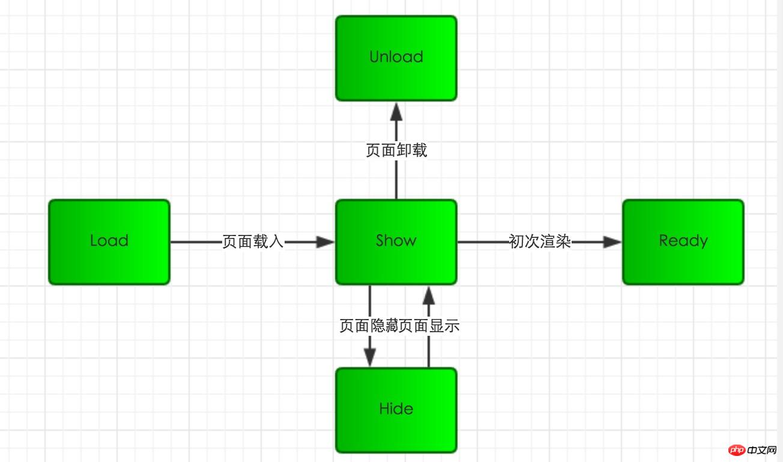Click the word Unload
click(x=396, y=57)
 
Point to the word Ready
click(x=683, y=241)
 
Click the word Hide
click(x=396, y=409)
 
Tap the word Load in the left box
click(x=109, y=241)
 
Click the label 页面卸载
click(x=396, y=150)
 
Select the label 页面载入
click(x=253, y=242)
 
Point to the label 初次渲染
click(x=540, y=242)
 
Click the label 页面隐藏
click(x=369, y=326)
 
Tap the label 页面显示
click(x=429, y=326)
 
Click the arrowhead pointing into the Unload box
click(x=396, y=111)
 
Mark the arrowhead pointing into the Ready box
click(x=612, y=242)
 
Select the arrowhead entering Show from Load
click(x=325, y=242)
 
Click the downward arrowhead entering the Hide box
click(x=369, y=357)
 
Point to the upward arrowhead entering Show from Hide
click(x=428, y=295)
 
